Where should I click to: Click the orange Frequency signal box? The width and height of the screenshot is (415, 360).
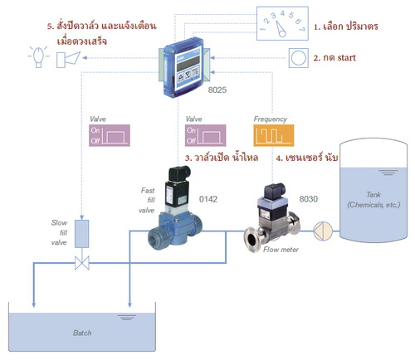click(272, 134)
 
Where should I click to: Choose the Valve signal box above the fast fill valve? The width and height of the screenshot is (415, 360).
click(204, 134)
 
